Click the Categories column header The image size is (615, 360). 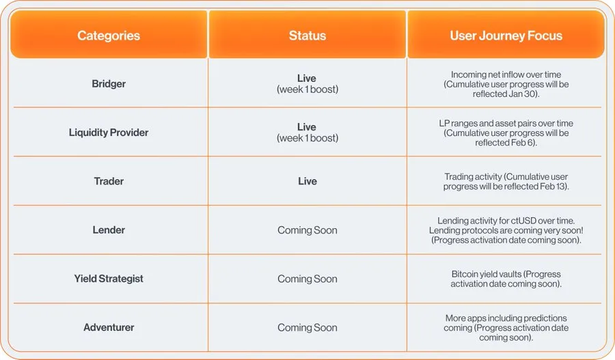[x=109, y=36]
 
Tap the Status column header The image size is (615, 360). [x=307, y=36]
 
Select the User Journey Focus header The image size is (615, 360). [x=506, y=36]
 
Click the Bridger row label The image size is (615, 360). [x=109, y=84]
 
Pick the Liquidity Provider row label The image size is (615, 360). [x=109, y=133]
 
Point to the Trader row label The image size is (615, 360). [x=109, y=181]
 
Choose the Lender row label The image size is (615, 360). [x=109, y=230]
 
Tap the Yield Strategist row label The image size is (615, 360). [x=109, y=279]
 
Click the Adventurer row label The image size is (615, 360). [x=109, y=327]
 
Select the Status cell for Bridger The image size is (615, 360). [x=307, y=84]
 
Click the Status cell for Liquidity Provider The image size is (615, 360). [x=307, y=133]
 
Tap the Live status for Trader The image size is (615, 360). [x=307, y=181]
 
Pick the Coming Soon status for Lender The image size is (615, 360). [x=307, y=230]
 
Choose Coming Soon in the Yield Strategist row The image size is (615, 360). [x=307, y=279]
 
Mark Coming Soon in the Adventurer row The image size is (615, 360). [x=307, y=327]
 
